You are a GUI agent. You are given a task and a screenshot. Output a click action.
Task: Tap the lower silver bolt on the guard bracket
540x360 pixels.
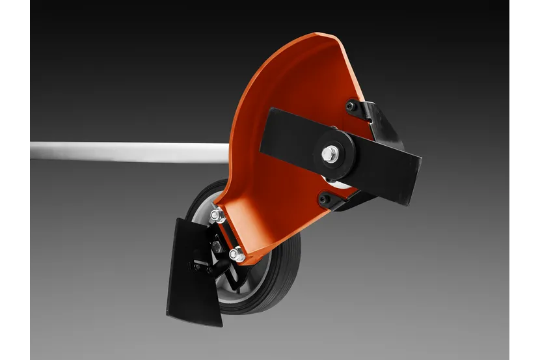pos(237,255)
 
